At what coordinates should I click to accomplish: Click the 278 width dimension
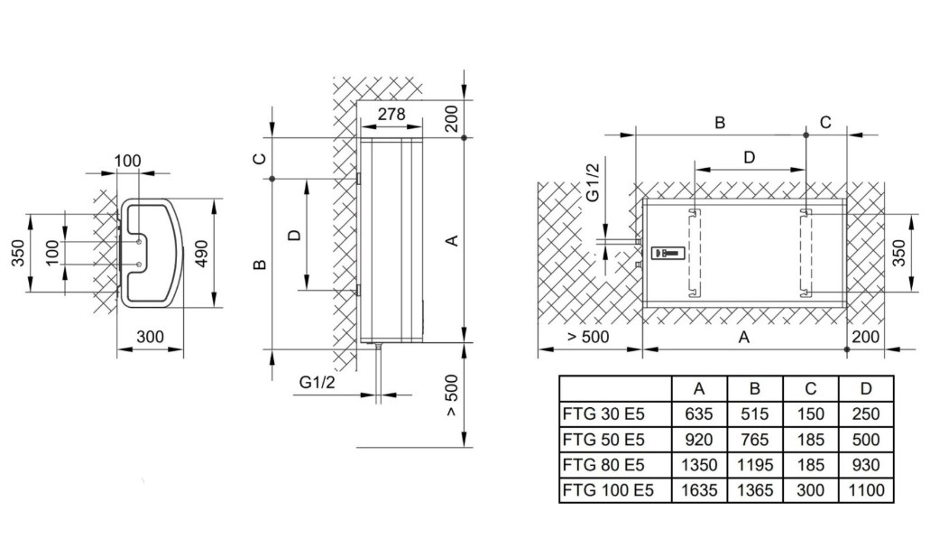click(391, 114)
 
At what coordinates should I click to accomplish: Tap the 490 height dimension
click(202, 254)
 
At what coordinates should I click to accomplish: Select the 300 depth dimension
click(150, 337)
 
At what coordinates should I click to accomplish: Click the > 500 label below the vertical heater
click(451, 395)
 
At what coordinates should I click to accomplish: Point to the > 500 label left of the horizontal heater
click(588, 337)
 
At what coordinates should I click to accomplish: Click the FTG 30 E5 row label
click(603, 414)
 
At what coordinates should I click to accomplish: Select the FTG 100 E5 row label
click(608, 490)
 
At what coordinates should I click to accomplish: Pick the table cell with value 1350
click(699, 465)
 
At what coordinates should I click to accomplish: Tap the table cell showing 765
click(755, 440)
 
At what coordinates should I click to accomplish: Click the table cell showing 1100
click(866, 490)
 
